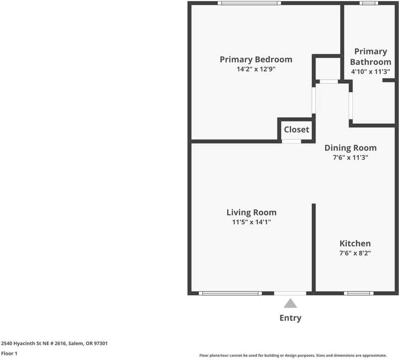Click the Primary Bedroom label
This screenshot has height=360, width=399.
(x=256, y=59)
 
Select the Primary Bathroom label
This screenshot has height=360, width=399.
(x=370, y=57)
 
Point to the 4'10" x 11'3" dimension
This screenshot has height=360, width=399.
(x=370, y=71)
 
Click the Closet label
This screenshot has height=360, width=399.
(x=297, y=129)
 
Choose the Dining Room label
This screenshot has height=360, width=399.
(x=350, y=148)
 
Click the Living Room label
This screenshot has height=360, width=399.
(x=251, y=212)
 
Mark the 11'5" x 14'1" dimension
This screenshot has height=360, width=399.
(x=251, y=222)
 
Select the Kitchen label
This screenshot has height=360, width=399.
(x=355, y=243)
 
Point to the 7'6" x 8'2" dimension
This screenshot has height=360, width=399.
(x=355, y=253)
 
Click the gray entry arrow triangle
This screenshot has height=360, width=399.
(x=290, y=303)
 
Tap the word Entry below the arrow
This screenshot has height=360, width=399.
(x=290, y=318)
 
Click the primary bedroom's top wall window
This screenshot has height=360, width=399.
(x=249, y=3)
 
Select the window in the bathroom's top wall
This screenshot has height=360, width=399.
(x=369, y=3)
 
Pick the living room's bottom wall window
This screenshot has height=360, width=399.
(x=230, y=293)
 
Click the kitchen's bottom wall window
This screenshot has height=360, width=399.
(x=358, y=293)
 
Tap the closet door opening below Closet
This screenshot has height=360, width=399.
(x=291, y=141)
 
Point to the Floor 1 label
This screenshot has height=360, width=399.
(x=9, y=353)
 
